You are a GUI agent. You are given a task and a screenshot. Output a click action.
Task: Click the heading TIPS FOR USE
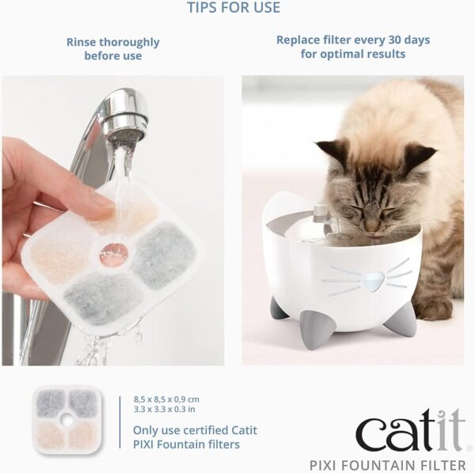coord(233,9)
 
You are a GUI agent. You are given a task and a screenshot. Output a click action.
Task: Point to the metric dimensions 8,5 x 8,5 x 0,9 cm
coord(168,399)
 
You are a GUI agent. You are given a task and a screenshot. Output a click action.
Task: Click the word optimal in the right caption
coord(358,54)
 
